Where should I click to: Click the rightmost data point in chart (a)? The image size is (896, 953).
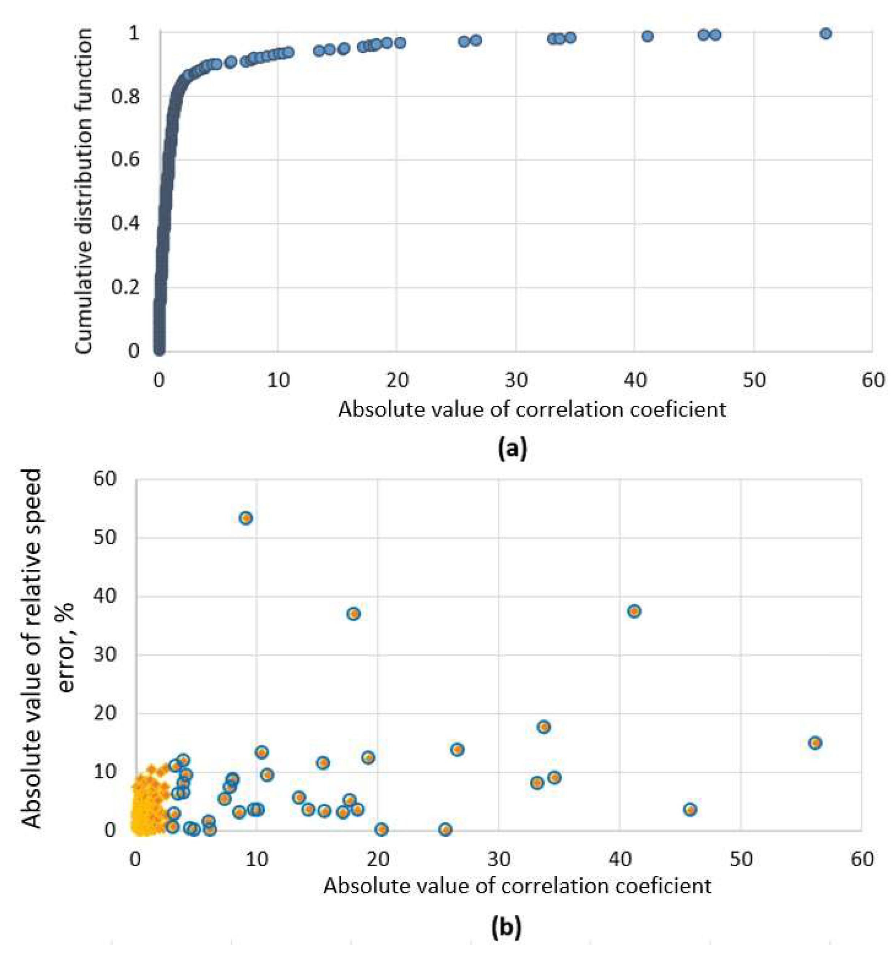pos(826,34)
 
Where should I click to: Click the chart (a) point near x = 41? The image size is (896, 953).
pos(648,36)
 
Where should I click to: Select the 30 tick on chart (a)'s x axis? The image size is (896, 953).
pos(516,380)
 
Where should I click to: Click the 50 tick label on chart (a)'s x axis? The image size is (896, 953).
pos(754,380)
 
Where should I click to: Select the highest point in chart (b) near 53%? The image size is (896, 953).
pos(245,518)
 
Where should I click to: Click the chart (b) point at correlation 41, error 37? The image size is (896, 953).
pos(634,611)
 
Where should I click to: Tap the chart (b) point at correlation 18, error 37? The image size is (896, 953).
pos(353,614)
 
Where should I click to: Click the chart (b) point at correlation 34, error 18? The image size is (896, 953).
pos(544,727)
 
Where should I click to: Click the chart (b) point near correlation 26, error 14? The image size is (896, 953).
pos(457,749)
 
